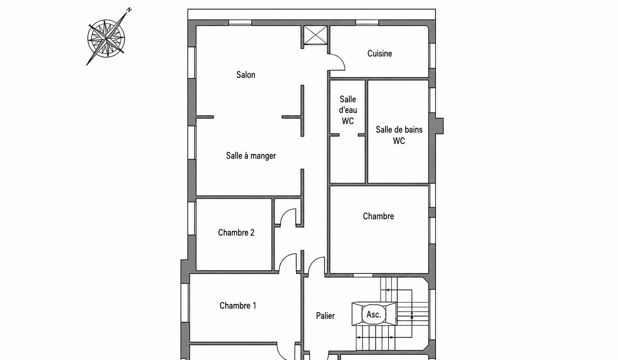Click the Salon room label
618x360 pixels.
coord(246,75)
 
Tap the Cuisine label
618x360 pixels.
coord(380,53)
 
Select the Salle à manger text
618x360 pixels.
coord(251,156)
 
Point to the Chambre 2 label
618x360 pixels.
coord(236,232)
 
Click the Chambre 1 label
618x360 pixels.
coord(238,306)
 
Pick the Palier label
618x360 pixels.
coord(325,316)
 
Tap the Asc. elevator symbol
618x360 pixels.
coord(374,314)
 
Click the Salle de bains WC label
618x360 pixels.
coord(399,135)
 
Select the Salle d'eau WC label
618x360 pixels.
coord(348,110)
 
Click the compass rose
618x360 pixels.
coord(106,38)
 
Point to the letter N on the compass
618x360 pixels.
coord(129,10)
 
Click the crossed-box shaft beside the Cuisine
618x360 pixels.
coord(315,35)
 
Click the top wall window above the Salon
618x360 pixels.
coord(240,23)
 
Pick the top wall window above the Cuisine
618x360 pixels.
coord(367,23)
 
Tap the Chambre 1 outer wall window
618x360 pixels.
coord(185,303)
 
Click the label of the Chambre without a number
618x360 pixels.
coord(378,216)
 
